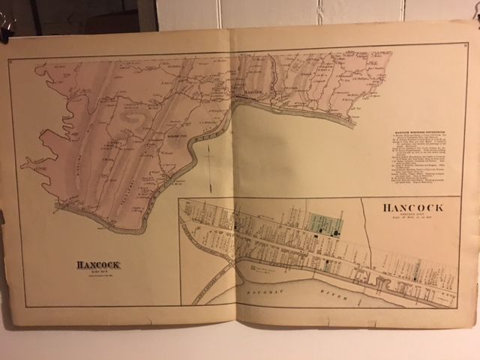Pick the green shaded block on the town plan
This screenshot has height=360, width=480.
pos(326,224)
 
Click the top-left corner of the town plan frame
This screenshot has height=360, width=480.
pos(178,199)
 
